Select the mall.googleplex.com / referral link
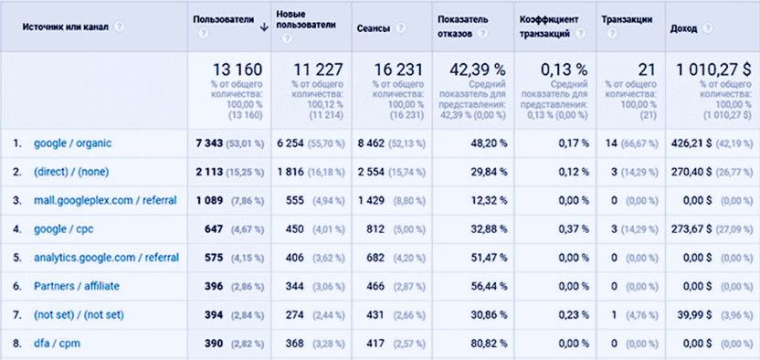(105, 200)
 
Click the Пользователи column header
(221, 19)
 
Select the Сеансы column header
(373, 28)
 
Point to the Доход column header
(683, 28)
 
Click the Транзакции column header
(627, 19)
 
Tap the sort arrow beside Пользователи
(263, 27)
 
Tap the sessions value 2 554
(373, 172)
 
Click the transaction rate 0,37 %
(573, 229)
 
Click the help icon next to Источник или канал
(120, 28)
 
